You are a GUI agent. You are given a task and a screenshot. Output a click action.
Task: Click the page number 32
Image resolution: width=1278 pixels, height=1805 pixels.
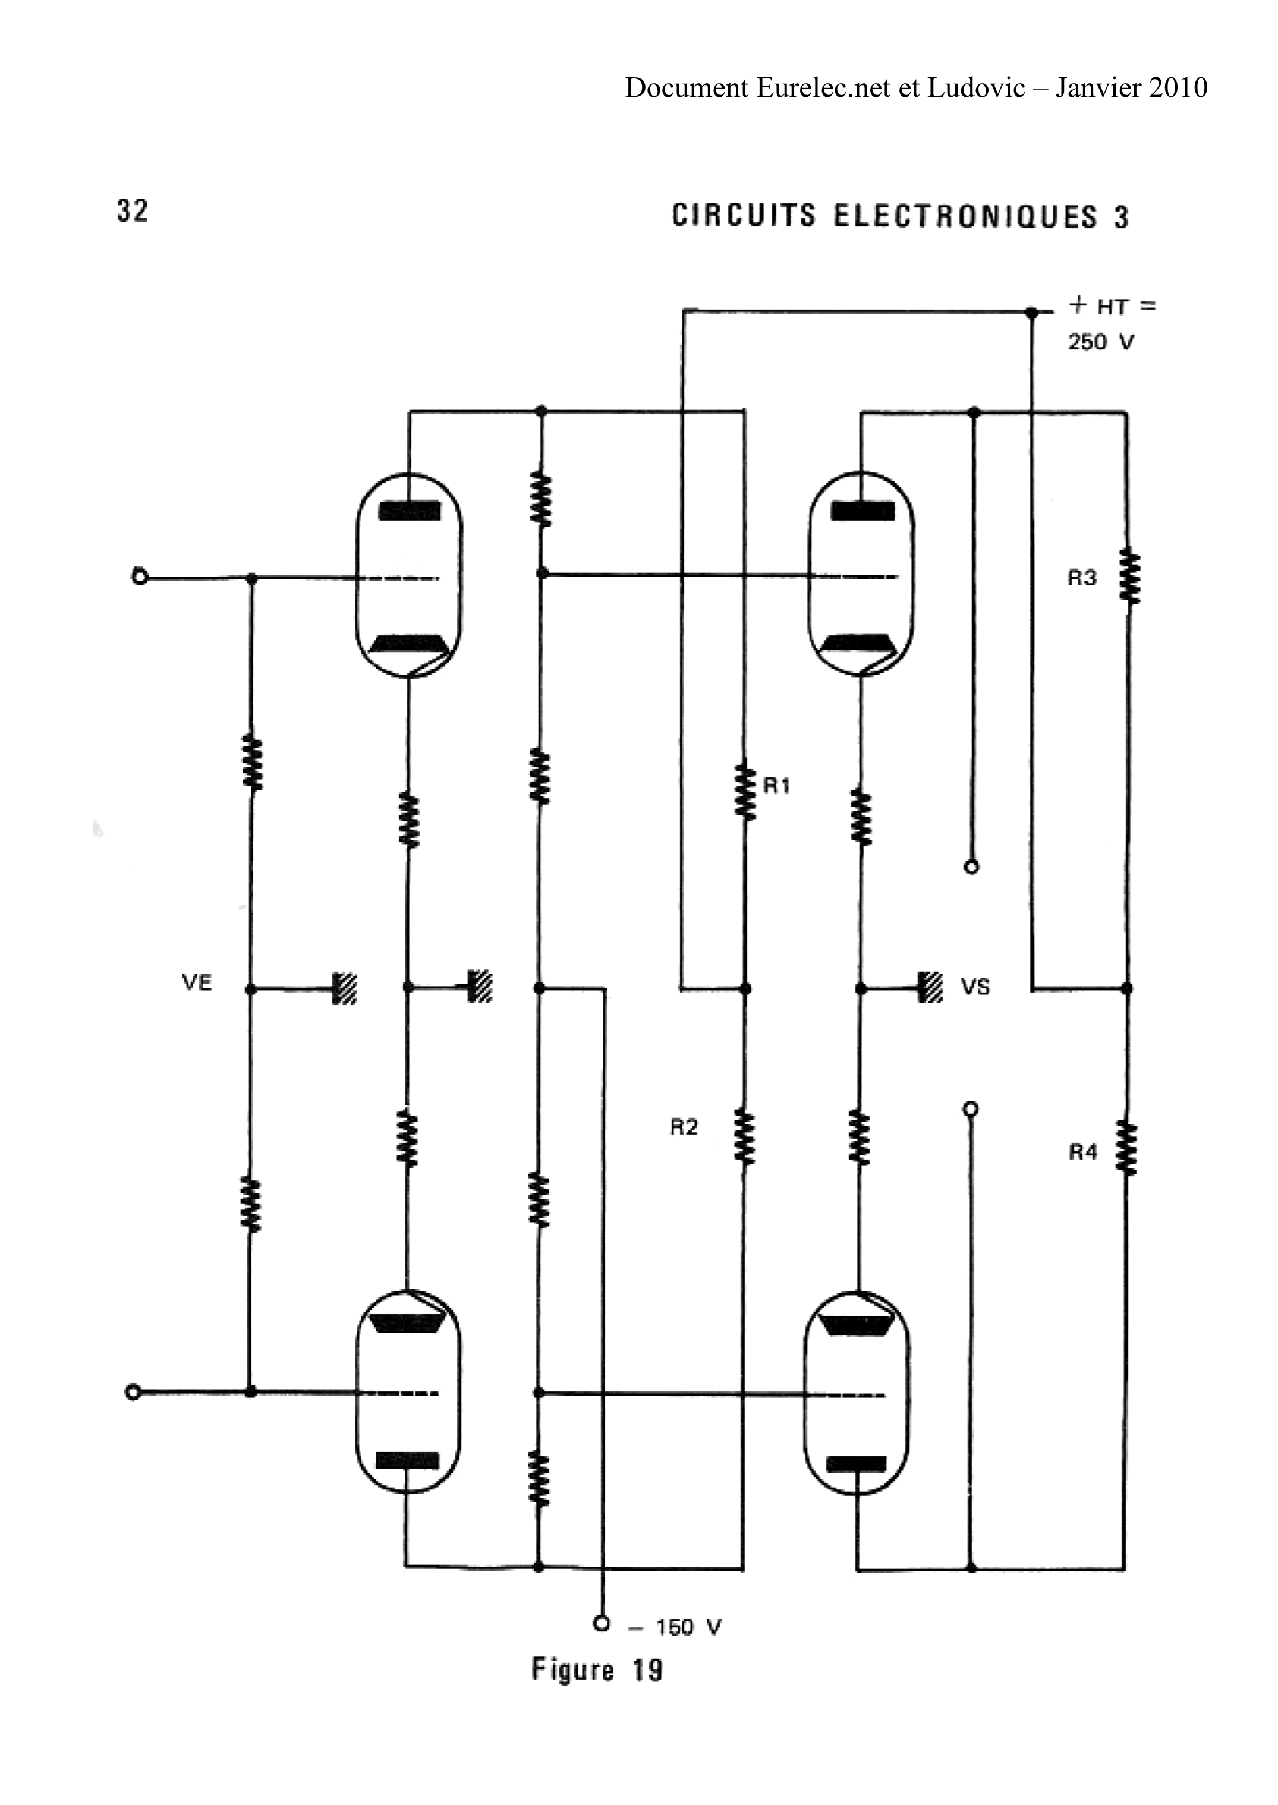coord(132,211)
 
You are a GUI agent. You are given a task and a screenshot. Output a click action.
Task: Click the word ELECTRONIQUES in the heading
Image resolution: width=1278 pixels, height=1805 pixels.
coord(965,216)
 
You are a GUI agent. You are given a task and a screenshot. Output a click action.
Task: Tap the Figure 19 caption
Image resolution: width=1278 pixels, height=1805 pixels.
coord(597,1669)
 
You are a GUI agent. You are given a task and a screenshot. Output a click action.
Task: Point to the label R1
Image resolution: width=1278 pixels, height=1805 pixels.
coord(777,785)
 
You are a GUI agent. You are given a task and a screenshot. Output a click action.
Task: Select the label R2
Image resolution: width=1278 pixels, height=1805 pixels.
coord(684,1127)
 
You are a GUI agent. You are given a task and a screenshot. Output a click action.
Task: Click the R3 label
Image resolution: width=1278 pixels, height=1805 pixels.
coord(1082,578)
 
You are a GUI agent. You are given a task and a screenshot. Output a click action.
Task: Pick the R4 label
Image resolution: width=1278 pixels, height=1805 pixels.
coord(1083,1152)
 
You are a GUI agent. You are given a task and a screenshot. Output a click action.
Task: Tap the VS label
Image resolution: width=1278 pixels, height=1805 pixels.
coord(975,987)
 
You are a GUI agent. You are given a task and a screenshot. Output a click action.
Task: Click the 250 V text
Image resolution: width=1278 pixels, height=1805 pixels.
coord(1101,342)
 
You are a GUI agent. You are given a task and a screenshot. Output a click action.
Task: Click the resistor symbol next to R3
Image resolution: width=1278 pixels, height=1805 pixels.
coord(1129,577)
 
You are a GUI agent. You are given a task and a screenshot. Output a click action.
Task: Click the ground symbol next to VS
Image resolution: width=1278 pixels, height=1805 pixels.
coord(930,987)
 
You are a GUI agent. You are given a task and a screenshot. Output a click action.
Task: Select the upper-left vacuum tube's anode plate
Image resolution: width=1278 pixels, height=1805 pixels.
coord(409,511)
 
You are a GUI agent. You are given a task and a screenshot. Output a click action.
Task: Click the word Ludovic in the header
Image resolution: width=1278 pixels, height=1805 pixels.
coord(976,87)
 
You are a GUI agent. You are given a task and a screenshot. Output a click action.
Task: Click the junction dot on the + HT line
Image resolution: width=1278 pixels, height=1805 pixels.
coord(1031,313)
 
